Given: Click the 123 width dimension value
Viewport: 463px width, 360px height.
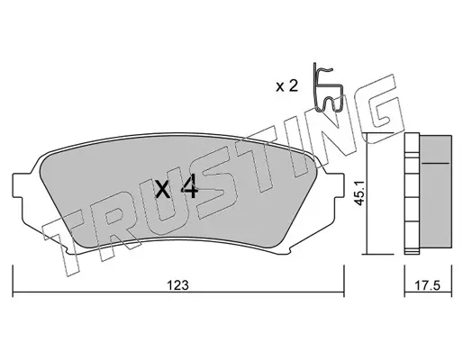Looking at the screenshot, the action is (178, 285).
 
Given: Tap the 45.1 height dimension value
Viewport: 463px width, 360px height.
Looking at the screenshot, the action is (359, 193).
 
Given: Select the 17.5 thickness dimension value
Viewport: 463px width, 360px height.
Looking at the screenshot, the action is (428, 285).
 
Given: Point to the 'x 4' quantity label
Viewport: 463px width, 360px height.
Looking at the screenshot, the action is (177, 188).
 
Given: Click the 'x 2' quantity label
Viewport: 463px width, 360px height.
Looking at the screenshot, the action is (286, 86).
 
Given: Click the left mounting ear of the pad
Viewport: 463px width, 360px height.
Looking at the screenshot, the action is (17, 185).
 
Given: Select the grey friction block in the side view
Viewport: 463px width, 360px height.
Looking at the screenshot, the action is (435, 192).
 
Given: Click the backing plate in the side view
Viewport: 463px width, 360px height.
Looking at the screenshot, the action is (412, 192).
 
